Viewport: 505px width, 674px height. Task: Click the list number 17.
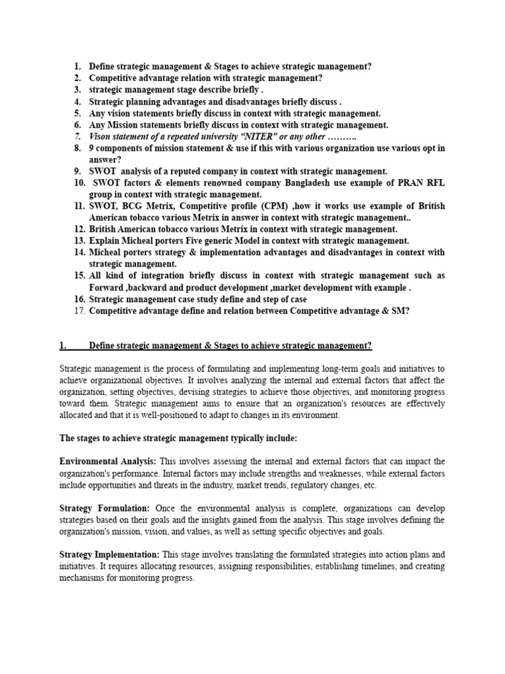click(x=79, y=311)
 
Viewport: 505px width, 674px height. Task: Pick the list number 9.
click(x=77, y=171)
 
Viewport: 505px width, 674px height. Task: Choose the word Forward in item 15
click(x=107, y=287)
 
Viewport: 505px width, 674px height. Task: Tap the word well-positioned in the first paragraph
click(x=162, y=415)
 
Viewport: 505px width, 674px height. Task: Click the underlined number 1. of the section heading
click(x=63, y=346)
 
